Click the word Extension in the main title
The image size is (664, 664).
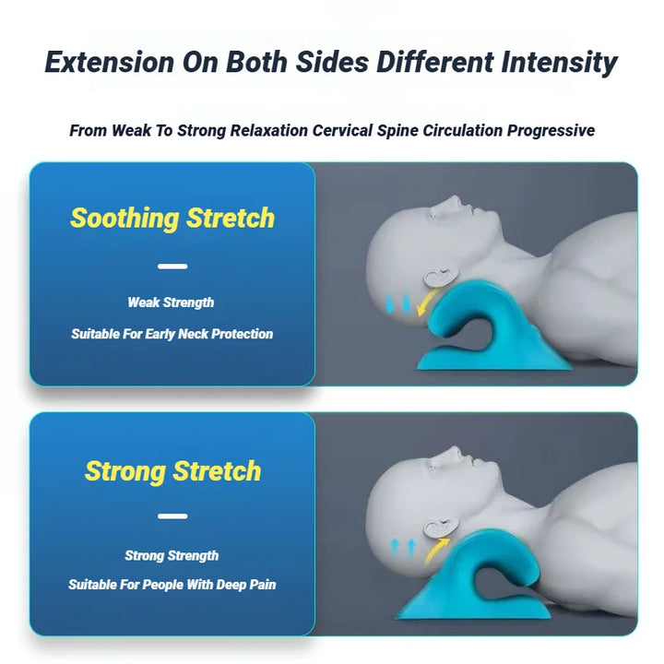point(108,63)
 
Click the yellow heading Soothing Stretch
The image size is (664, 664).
point(172,219)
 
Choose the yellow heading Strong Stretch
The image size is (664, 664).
point(172,471)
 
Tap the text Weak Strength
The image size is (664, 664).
point(171,302)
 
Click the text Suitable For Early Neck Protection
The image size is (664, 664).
point(172,334)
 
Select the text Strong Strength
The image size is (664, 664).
point(172,555)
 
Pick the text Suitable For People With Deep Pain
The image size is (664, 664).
point(172,585)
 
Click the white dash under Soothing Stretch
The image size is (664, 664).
point(172,267)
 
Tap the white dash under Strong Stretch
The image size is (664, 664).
point(172,516)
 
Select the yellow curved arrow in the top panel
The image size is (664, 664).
point(426,301)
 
